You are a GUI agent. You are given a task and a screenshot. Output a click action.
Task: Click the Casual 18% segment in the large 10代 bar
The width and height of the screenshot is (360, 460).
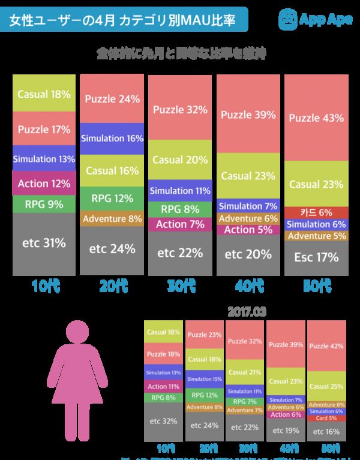[x=44, y=94]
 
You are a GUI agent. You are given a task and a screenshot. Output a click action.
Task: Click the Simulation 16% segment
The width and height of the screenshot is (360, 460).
[x=112, y=138]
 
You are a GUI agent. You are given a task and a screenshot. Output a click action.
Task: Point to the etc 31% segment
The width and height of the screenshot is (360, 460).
[x=44, y=243]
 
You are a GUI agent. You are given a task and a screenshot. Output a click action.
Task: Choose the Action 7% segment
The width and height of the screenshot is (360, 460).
[x=180, y=225]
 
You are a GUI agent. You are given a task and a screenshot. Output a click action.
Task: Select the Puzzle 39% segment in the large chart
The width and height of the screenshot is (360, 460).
[x=248, y=114]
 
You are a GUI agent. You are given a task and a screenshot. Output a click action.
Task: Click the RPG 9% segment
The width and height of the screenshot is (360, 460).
[x=44, y=205]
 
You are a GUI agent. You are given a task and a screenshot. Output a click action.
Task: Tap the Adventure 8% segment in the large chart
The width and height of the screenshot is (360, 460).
[x=112, y=220]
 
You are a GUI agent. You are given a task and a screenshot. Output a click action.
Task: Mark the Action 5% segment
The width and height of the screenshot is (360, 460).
[x=248, y=230]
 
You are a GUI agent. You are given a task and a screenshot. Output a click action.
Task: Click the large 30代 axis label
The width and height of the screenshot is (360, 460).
[x=180, y=286]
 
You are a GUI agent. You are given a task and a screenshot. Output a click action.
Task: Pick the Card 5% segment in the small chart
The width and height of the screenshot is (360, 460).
[x=326, y=418]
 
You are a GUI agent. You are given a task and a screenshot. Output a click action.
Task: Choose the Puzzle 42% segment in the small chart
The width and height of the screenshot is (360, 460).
[x=326, y=346]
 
